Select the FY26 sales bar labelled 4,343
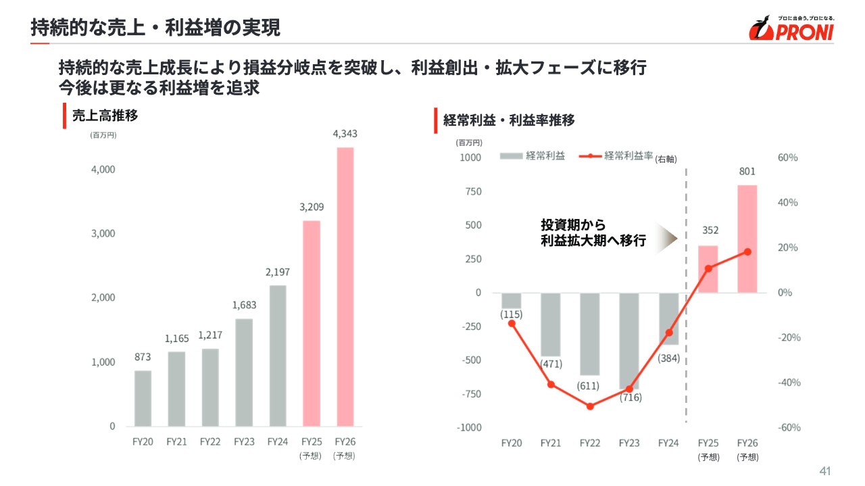tap(345, 287)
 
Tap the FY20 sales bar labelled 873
tap(143, 398)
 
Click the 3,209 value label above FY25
tap(311, 208)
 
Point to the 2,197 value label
tap(277, 272)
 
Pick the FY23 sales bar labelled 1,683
tap(244, 372)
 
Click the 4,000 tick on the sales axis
tap(103, 169)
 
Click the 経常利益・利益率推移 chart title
tap(509, 120)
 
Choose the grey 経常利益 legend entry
tap(533, 156)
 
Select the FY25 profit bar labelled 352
tap(708, 269)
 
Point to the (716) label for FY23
tap(631, 397)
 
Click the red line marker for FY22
tap(590, 406)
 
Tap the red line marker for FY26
tap(747, 251)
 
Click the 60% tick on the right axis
tap(787, 157)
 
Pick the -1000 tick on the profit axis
tap(468, 427)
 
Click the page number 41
tap(824, 471)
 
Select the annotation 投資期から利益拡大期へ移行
tap(593, 233)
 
